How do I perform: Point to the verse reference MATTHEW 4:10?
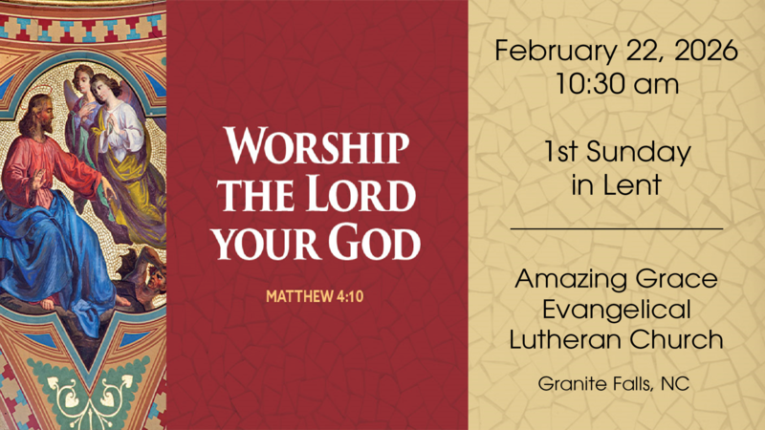point(315,295)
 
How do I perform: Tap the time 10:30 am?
point(617,84)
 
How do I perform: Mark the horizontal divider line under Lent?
point(617,229)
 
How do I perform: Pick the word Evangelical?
point(617,311)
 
